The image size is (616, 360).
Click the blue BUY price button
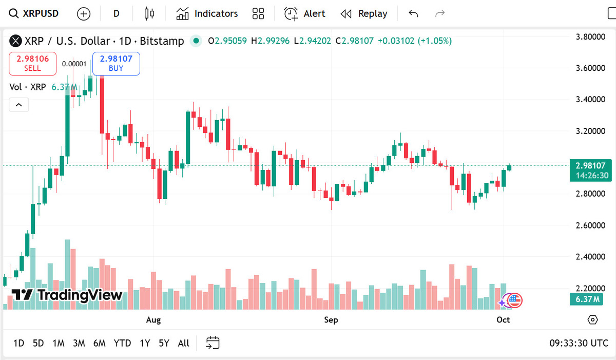pos(116,63)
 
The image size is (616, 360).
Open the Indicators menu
pos(207,13)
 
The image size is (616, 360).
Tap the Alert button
pos(305,13)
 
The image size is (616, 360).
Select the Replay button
pos(364,13)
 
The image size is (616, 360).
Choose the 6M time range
pos(99,343)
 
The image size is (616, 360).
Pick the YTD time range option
pos(122,343)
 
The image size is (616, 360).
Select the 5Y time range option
pos(164,343)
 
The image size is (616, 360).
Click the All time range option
pos(183,343)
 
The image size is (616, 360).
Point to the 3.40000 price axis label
pos(590,99)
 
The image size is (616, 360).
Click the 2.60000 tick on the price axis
pos(590,225)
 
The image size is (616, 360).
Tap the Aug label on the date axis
pos(153,320)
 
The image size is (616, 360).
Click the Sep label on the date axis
pos(331,320)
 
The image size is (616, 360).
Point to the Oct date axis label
pos(503,320)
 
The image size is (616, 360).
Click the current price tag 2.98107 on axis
pos(590,166)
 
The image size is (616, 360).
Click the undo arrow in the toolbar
pos(413,13)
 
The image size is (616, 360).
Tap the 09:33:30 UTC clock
pos(579,343)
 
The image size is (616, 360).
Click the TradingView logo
pos(67,295)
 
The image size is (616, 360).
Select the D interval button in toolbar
pos(117,13)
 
